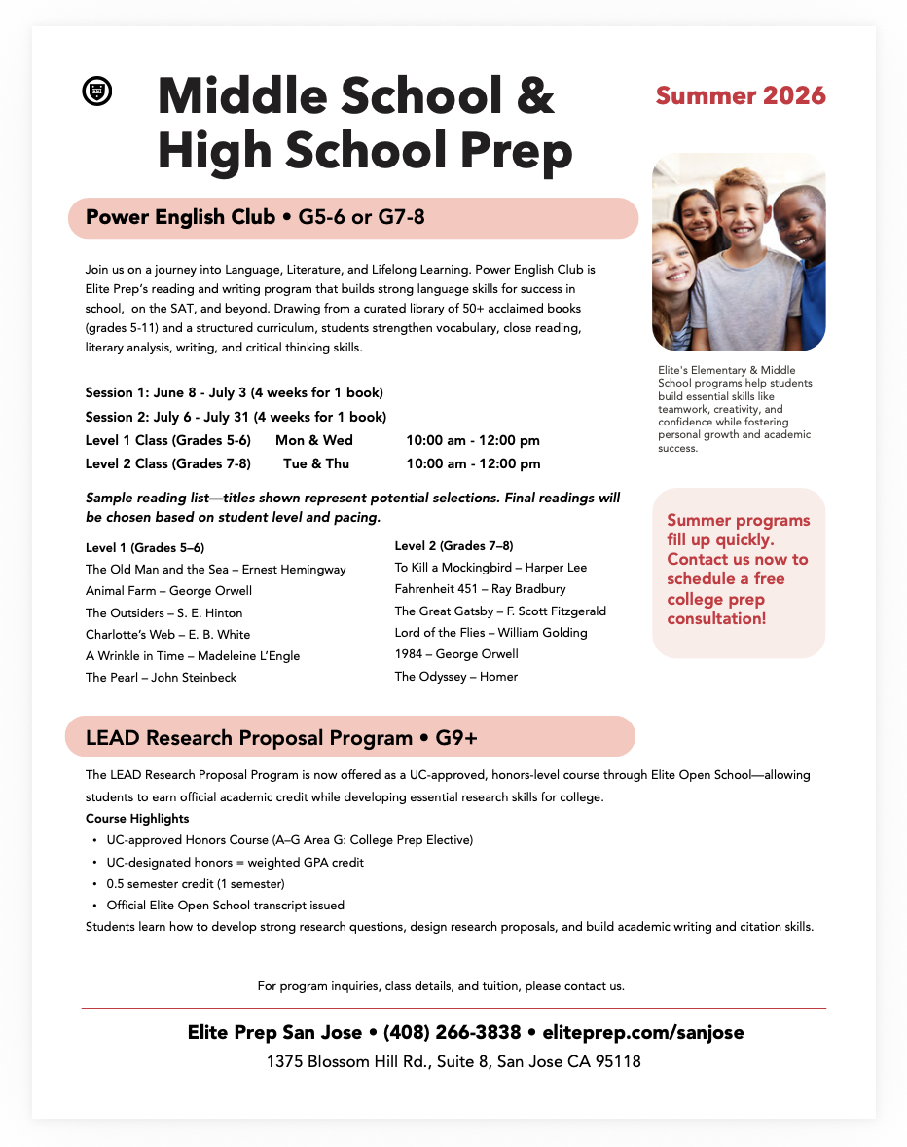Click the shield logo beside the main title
tap(96, 92)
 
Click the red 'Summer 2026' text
tap(740, 96)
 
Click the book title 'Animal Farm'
tap(119, 590)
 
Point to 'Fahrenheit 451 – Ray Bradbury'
tap(480, 589)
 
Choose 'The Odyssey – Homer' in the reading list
tap(455, 677)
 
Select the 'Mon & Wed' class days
tap(314, 441)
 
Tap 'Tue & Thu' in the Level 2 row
tap(316, 463)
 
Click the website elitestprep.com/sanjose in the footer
tap(645, 1032)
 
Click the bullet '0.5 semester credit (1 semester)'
tap(195, 884)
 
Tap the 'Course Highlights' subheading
tap(137, 818)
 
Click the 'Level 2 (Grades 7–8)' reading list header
tap(453, 545)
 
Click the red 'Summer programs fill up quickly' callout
tap(738, 570)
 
